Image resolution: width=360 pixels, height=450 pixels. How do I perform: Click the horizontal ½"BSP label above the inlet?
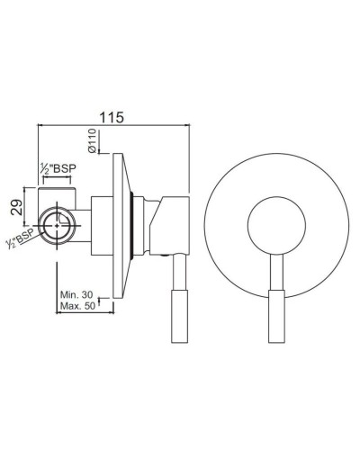pos(58,168)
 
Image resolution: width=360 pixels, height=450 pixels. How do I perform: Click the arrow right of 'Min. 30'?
pos(107,300)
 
